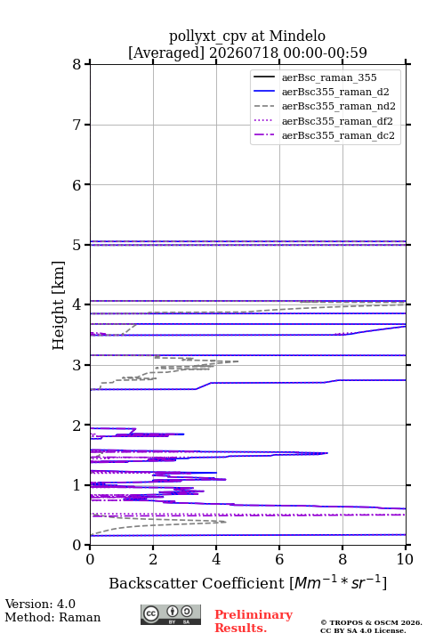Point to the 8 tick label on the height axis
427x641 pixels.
point(77,65)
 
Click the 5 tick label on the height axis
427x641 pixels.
point(77,245)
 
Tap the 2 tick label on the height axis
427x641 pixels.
point(77,426)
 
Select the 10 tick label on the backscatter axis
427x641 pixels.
point(405,559)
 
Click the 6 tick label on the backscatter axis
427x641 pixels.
point(279,559)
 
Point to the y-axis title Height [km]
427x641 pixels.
point(59,305)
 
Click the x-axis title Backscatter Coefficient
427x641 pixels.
point(197,583)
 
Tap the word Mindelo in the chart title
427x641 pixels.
point(297,36)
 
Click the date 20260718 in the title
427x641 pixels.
point(244,53)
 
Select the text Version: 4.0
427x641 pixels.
point(40,604)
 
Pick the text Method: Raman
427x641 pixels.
point(52,617)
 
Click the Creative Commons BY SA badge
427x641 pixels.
point(171,614)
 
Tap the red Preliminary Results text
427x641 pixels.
point(254,621)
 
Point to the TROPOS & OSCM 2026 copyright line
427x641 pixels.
point(371,622)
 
